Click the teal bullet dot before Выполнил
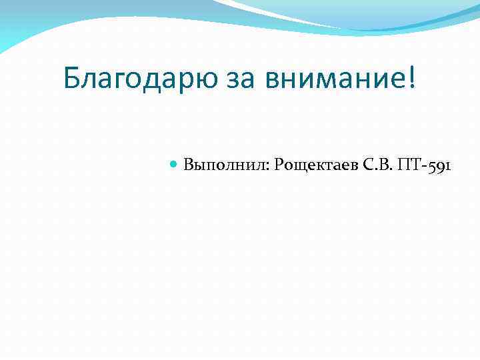point(174,164)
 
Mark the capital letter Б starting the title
point(73,79)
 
